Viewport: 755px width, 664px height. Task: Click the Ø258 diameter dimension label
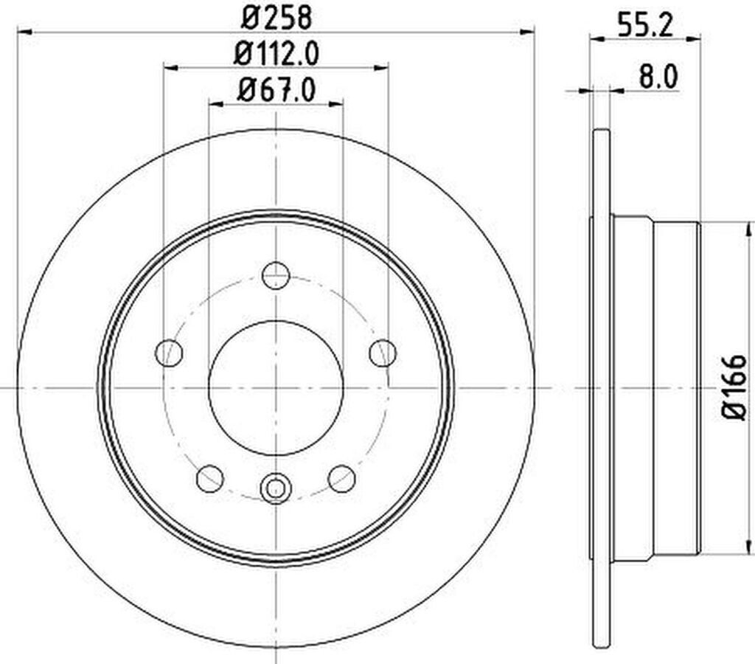[x=276, y=17]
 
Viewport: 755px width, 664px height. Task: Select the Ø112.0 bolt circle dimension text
[x=276, y=53]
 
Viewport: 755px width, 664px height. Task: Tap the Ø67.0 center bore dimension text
[x=276, y=89]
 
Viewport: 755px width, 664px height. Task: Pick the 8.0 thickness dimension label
[x=658, y=76]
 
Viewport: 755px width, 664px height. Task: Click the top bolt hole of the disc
[x=276, y=274]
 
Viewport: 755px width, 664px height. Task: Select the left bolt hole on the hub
[x=169, y=353]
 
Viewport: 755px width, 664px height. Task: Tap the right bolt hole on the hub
[x=383, y=353]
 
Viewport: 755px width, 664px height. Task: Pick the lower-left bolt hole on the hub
[x=210, y=479]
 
